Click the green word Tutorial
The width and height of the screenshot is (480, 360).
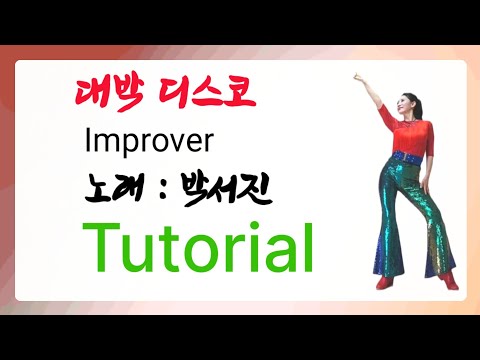point(199,243)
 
